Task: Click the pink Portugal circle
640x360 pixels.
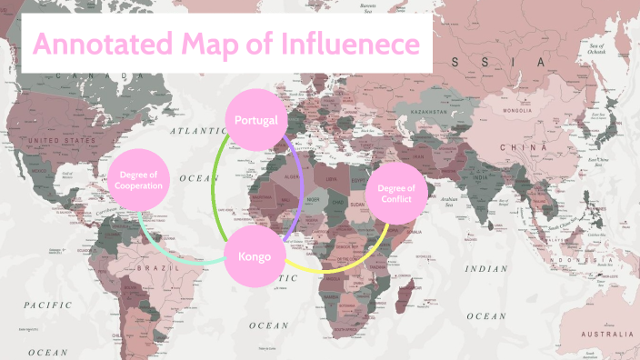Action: pos(256,120)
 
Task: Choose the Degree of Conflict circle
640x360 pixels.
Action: pos(395,194)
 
